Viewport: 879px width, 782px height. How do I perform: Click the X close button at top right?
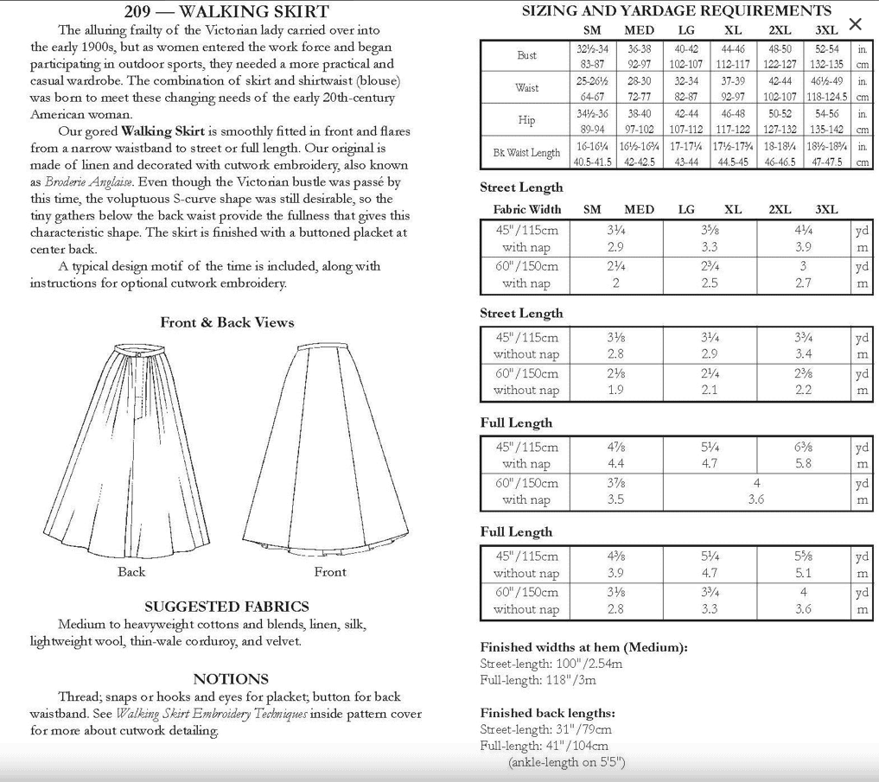pyautogui.click(x=855, y=24)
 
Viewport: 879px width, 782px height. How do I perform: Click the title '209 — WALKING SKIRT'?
pyautogui.click(x=226, y=11)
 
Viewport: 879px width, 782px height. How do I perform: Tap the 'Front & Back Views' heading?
pyautogui.click(x=227, y=322)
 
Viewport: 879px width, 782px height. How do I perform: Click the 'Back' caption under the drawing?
pyautogui.click(x=131, y=572)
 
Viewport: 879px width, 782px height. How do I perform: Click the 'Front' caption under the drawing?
pyautogui.click(x=330, y=572)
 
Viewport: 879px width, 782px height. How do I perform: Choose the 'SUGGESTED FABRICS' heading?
pyautogui.click(x=226, y=607)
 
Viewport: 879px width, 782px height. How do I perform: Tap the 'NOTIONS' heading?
pyautogui.click(x=231, y=679)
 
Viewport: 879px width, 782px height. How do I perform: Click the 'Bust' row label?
pyautogui.click(x=526, y=55)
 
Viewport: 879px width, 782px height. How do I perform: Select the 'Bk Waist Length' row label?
pyautogui.click(x=526, y=153)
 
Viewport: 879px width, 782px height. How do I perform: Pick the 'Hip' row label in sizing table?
pyautogui.click(x=526, y=120)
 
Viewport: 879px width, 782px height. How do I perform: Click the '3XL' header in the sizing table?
pyautogui.click(x=827, y=30)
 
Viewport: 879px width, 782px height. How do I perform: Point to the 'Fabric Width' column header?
pyautogui.click(x=526, y=210)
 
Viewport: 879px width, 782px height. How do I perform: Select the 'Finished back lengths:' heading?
pyautogui.click(x=547, y=713)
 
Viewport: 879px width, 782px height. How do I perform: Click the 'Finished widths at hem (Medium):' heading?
pyautogui.click(x=583, y=647)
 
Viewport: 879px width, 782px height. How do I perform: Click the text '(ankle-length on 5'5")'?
pyautogui.click(x=566, y=762)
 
